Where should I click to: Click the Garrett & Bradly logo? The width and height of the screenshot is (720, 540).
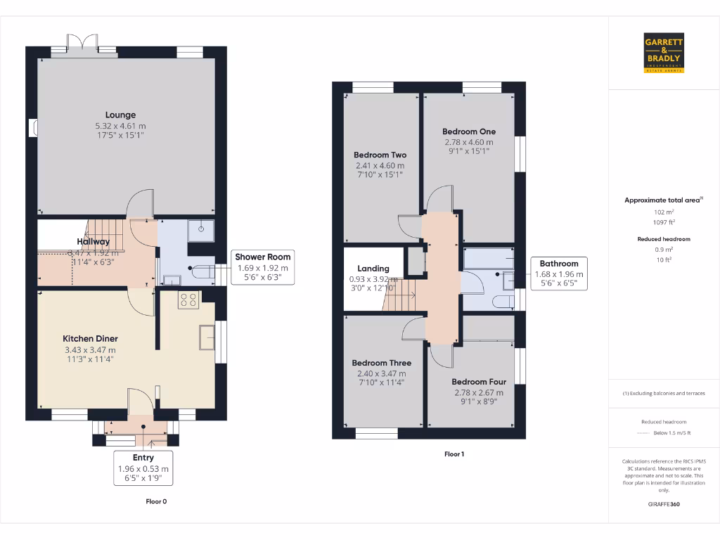[x=664, y=53]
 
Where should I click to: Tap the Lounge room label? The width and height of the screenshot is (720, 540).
[x=120, y=115]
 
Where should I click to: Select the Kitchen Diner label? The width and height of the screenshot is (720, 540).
[x=90, y=339]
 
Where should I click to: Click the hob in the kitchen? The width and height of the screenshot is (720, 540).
[x=188, y=301]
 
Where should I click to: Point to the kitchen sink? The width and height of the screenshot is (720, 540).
[x=207, y=337]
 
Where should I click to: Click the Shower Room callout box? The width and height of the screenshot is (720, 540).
[x=262, y=267]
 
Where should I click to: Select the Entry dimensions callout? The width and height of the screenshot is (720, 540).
[x=143, y=468]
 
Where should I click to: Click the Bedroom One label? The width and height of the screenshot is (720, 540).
[x=468, y=131]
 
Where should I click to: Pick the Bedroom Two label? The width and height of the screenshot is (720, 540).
[x=380, y=155]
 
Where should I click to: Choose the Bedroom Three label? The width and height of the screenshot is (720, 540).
[x=381, y=363]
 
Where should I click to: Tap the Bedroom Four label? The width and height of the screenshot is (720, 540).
[x=478, y=381]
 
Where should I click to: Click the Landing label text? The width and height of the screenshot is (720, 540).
[x=373, y=269]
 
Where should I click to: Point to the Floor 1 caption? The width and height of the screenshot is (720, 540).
[x=454, y=454]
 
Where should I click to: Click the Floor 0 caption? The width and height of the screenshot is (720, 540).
[x=156, y=501]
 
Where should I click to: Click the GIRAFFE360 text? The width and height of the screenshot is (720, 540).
[x=664, y=504]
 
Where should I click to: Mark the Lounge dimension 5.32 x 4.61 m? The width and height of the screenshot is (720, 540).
[x=120, y=126]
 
